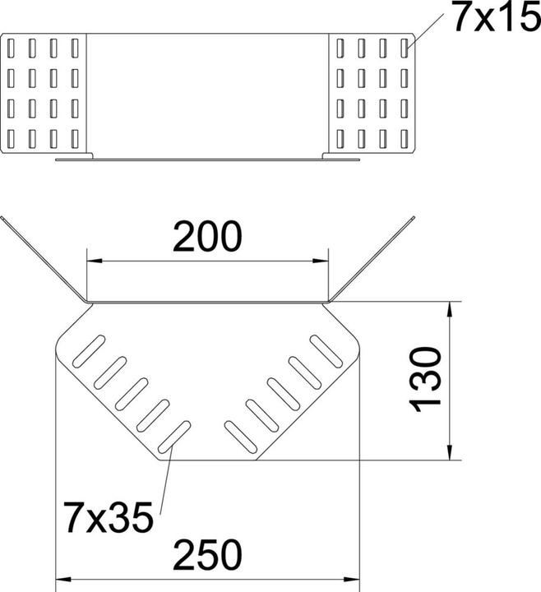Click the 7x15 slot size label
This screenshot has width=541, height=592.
(497, 18)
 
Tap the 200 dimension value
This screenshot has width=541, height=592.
(207, 237)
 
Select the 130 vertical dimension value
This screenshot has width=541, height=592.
(426, 380)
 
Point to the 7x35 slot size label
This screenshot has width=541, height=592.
(109, 517)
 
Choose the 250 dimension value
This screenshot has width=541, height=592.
(207, 555)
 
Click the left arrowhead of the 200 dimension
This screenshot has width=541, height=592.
(95, 261)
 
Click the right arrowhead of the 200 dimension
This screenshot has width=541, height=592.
(321, 261)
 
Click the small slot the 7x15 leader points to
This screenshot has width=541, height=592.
(405, 48)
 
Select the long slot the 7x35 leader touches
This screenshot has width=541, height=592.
(174, 437)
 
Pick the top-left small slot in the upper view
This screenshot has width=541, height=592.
(11, 48)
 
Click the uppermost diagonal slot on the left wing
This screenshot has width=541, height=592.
(89, 351)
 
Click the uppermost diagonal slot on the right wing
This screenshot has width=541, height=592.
(326, 351)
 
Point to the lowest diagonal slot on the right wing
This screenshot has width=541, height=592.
(241, 437)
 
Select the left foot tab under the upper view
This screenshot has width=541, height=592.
(74, 155)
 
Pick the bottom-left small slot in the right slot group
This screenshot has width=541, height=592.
(340, 139)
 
